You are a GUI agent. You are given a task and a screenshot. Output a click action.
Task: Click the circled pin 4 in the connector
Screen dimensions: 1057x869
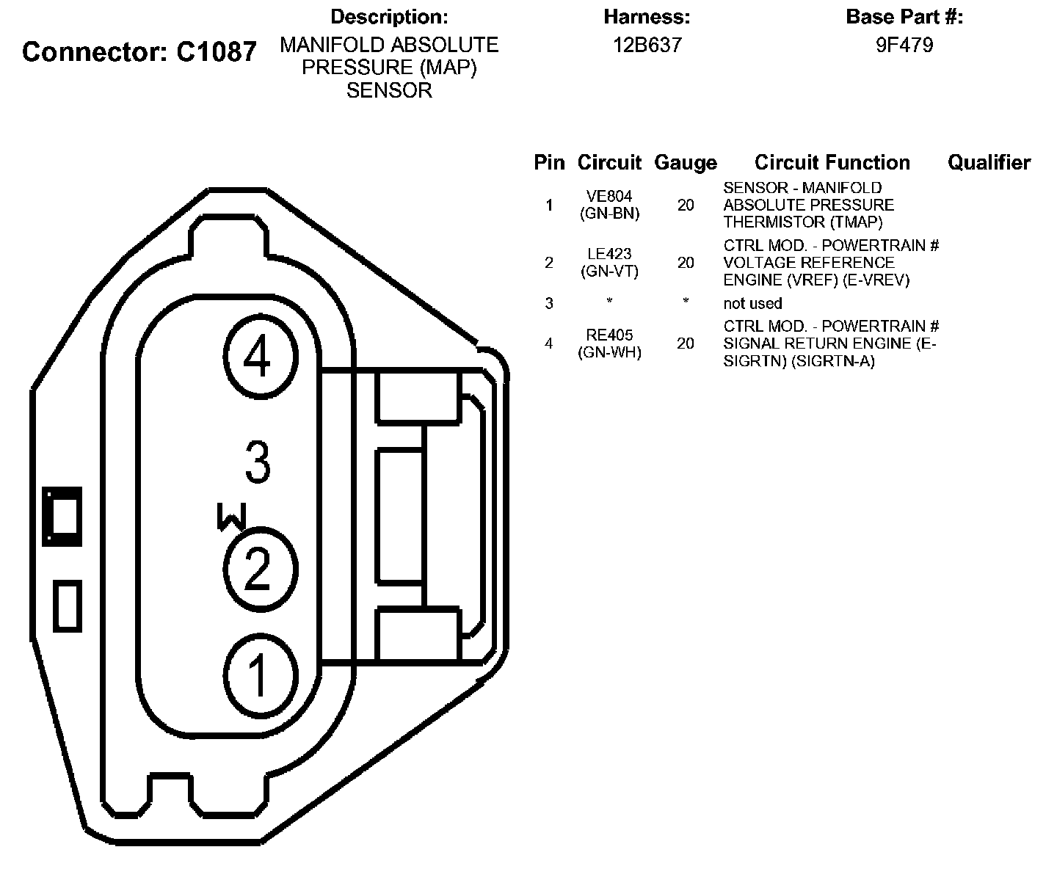tap(260, 357)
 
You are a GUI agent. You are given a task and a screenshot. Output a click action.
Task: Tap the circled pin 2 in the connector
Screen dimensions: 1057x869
tap(259, 568)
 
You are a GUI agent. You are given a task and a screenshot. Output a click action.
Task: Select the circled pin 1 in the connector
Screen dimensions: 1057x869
tap(259, 675)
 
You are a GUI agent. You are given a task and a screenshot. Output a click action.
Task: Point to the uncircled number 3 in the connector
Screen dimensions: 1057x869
tap(257, 462)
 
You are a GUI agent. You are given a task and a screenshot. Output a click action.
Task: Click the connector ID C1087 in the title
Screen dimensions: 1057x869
tap(217, 52)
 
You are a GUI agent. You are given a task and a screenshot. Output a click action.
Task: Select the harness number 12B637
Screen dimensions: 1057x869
tap(647, 46)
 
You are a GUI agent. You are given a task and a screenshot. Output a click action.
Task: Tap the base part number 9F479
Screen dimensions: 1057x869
tap(904, 46)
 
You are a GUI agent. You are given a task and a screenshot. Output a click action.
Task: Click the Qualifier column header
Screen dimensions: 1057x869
tap(989, 162)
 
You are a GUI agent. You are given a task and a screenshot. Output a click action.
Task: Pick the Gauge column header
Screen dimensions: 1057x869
tap(686, 162)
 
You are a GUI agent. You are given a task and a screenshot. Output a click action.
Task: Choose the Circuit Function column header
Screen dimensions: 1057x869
tap(832, 162)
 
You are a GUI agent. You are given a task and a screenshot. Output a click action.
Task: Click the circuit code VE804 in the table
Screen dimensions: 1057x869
tap(609, 197)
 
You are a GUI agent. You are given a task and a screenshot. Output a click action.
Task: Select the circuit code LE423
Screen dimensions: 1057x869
tap(609, 254)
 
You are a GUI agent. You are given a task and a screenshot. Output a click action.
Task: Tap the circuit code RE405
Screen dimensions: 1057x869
tap(609, 335)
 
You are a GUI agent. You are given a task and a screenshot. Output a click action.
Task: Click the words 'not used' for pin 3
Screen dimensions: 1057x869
tap(752, 303)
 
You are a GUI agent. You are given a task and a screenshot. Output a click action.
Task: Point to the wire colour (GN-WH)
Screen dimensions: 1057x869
tap(609, 352)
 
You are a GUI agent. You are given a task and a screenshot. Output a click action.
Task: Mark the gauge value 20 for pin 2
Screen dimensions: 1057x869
tap(686, 263)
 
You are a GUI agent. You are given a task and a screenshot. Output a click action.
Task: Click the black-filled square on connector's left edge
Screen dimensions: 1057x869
tap(62, 516)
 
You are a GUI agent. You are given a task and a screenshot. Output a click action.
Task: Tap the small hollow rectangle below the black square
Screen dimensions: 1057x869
tap(68, 606)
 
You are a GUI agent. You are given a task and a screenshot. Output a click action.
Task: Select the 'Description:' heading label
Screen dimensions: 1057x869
tap(389, 16)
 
